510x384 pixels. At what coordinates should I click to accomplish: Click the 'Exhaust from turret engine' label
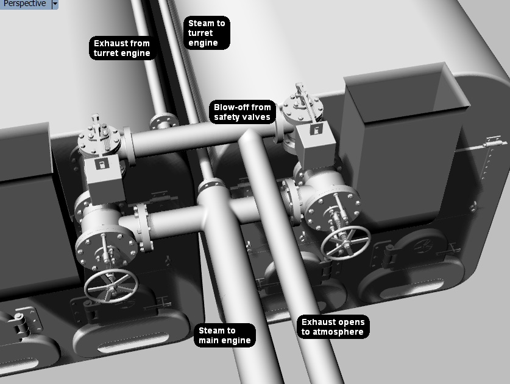(122, 48)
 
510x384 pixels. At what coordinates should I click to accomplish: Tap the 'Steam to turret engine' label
(207, 33)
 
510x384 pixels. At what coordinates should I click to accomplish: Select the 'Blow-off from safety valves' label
(243, 112)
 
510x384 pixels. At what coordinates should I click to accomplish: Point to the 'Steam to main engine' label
(224, 335)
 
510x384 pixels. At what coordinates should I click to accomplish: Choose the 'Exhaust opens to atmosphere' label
(333, 327)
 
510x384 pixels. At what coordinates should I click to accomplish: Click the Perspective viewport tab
(25, 4)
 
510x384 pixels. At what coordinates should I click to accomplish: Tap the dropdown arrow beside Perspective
(55, 4)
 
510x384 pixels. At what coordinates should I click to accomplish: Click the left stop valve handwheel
(111, 286)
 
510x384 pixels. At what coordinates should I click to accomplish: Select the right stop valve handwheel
(345, 243)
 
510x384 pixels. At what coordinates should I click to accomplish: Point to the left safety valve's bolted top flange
(99, 141)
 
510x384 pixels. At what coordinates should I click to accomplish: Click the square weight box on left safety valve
(105, 180)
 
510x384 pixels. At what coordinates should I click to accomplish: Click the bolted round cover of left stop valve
(106, 246)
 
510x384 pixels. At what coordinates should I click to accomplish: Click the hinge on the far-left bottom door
(20, 323)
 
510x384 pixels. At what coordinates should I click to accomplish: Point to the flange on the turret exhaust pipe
(164, 121)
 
